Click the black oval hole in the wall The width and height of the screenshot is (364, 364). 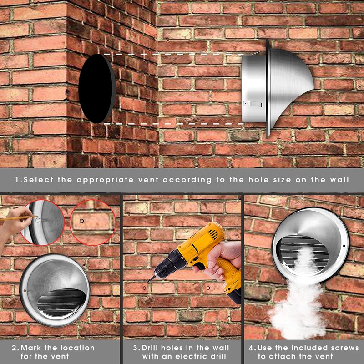pos(97,88)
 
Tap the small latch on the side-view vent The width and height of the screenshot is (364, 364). pos(253,104)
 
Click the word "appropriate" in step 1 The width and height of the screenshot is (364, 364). pos(105,180)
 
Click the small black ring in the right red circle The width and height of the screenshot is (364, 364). pos(82,221)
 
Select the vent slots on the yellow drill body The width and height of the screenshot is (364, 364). pos(213,234)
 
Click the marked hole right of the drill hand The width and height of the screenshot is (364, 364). pos(208,288)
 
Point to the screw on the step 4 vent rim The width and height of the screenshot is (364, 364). pos(344,246)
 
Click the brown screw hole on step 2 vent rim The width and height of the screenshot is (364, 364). pos(25,290)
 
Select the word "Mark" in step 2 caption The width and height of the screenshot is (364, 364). pos(31,348)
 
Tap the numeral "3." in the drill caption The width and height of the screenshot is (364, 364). pos(136,348)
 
